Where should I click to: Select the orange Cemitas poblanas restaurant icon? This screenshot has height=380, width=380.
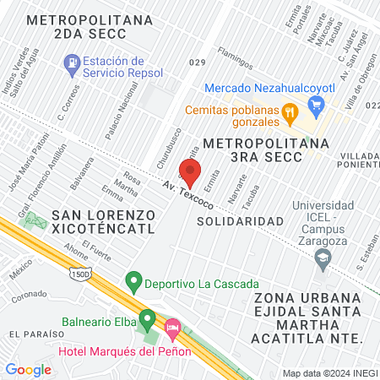[289, 111]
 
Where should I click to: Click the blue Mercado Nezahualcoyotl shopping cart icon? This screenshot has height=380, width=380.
[318, 105]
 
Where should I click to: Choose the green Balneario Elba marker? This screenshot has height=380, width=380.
[148, 320]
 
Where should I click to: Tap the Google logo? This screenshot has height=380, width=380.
[28, 369]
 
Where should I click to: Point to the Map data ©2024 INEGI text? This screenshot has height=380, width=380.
[329, 372]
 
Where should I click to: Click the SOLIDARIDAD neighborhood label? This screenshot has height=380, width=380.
[240, 220]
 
